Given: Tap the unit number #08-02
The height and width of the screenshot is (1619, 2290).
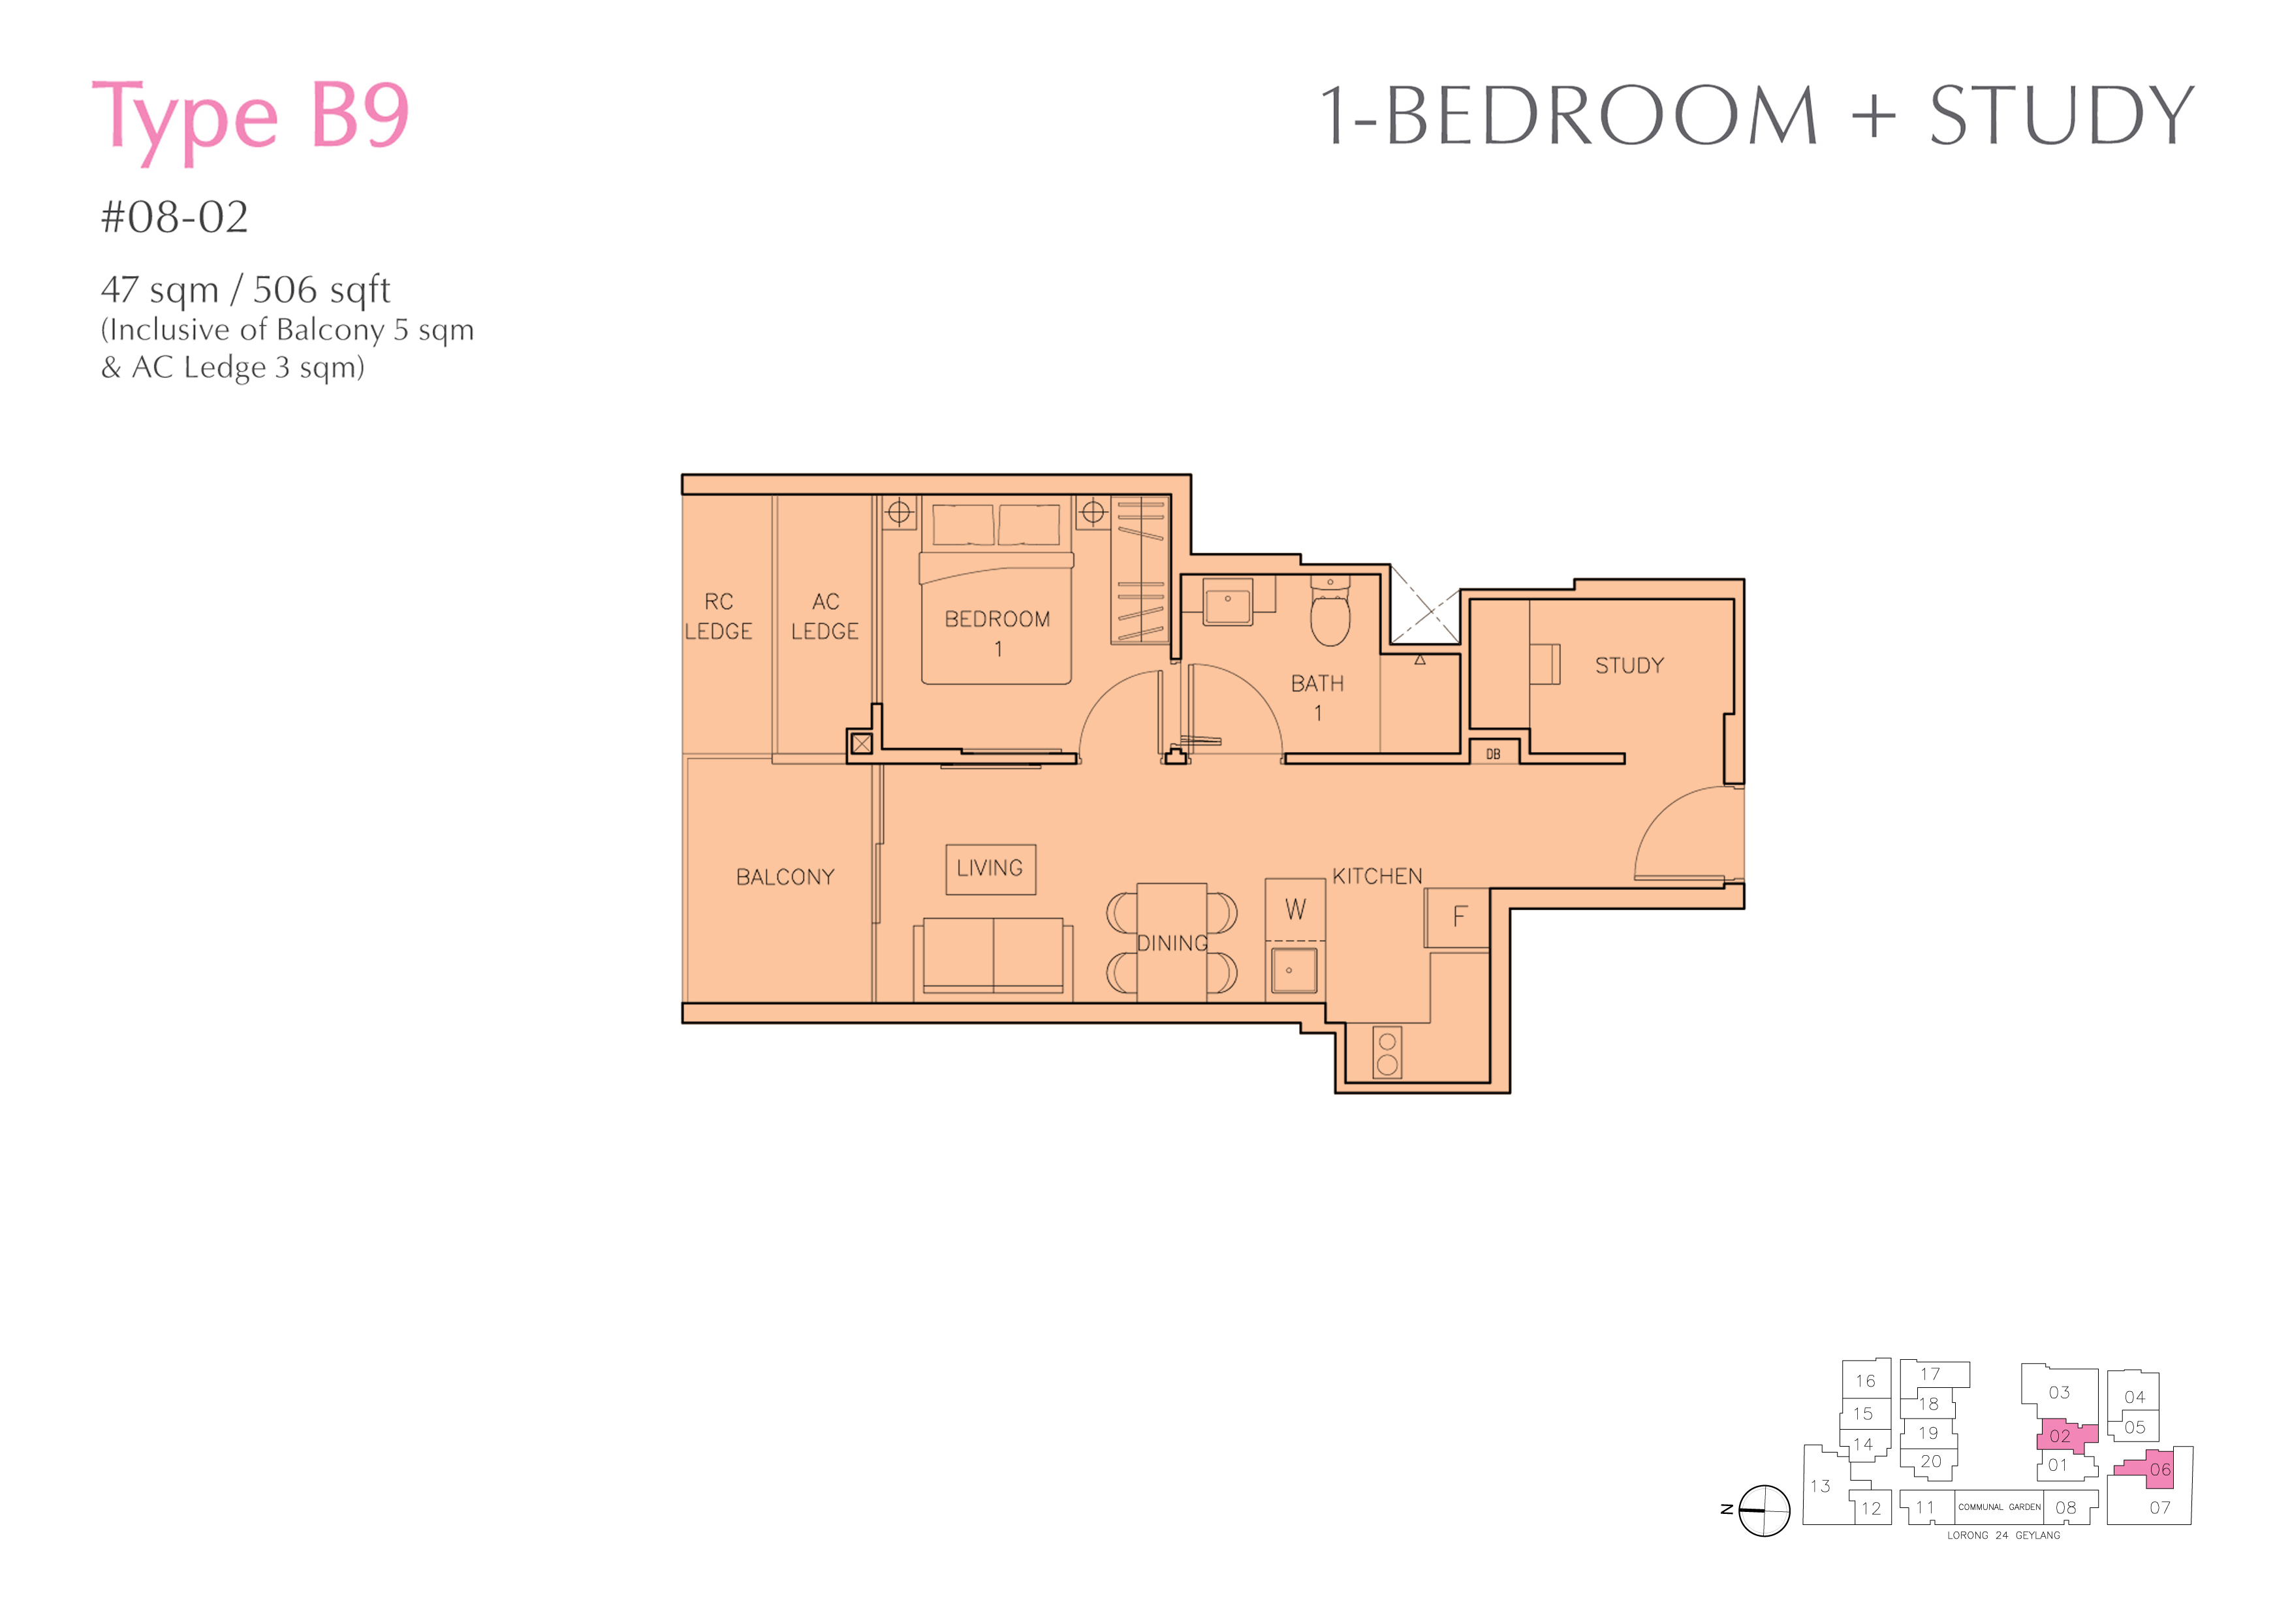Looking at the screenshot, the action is [x=174, y=217].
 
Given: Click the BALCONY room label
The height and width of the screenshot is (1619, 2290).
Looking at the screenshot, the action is [x=785, y=877].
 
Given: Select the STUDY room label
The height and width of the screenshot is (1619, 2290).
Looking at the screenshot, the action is [x=1629, y=665].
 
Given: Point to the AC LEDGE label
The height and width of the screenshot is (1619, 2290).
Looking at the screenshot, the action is [x=825, y=616].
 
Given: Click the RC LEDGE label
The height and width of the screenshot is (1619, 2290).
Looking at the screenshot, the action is [x=718, y=616].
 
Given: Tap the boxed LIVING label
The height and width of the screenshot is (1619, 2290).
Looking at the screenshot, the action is [x=990, y=869].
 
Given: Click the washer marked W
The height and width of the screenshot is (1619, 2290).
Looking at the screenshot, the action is [x=1294, y=909].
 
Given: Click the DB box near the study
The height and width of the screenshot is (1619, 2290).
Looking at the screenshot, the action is [x=1493, y=754].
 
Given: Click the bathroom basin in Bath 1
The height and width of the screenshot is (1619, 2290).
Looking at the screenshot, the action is [x=1228, y=601].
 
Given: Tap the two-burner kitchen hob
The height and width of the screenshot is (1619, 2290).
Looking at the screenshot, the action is [x=1387, y=1052].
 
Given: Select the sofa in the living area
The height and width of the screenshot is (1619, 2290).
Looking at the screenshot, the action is [x=994, y=956].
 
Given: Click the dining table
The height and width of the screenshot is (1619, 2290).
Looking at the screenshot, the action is [x=1172, y=943].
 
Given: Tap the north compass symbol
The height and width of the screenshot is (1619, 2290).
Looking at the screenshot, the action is [x=1763, y=1510].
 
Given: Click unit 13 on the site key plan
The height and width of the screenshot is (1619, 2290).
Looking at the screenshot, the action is [x=1820, y=1486].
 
